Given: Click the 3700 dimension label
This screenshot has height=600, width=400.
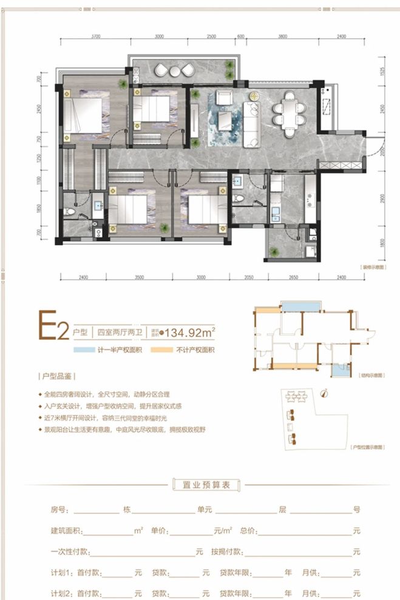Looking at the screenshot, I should click(95, 36).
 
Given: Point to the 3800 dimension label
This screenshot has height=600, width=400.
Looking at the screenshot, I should click(282, 36).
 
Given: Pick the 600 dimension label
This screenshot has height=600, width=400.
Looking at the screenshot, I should click(240, 36).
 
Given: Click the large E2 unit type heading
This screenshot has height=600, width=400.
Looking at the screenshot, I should click(52, 328).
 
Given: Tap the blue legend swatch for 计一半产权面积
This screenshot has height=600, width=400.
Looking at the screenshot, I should click(81, 351).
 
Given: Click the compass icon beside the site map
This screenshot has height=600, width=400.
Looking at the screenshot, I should click(324, 392).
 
